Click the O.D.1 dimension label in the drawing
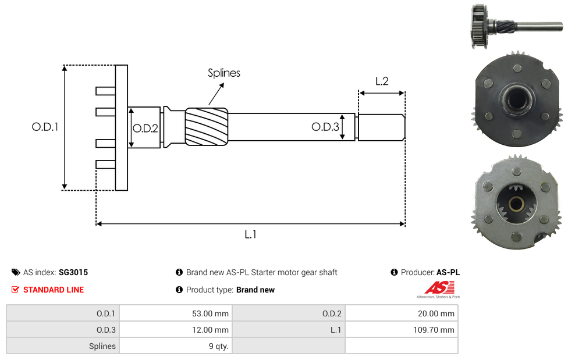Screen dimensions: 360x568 tap(45, 126)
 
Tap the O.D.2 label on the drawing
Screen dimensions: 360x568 tap(145, 129)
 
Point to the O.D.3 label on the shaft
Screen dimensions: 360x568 tap(325, 127)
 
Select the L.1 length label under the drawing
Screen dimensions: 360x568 tap(250, 234)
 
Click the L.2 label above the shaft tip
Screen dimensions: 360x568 tap(382, 81)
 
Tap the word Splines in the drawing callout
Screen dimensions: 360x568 tap(224, 73)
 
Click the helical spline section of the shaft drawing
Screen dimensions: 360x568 tap(207, 124)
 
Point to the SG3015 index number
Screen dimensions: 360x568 tap(73, 272)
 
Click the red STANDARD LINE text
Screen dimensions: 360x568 tap(54, 290)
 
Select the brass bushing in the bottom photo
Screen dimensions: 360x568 tap(515, 205)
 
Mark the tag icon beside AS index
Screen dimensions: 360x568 tap(16, 272)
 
